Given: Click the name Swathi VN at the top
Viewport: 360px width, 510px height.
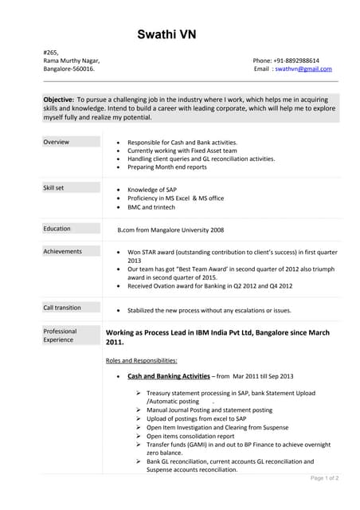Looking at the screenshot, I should point(166,34).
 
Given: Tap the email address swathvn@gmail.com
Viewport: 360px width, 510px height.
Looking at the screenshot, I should point(303,69).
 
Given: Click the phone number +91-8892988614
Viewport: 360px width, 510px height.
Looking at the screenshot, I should point(297,61).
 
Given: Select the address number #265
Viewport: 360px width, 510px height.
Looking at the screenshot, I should point(51,52).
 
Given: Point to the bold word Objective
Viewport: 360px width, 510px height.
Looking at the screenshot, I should point(58,98).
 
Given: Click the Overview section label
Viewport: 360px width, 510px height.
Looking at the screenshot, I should point(56,142).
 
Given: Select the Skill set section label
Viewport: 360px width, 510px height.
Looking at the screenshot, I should point(55,188).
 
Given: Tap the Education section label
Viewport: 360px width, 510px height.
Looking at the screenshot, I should point(57,229).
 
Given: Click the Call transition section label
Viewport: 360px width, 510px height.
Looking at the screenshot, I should point(62,308).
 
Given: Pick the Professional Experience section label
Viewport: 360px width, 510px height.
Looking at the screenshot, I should point(61,335).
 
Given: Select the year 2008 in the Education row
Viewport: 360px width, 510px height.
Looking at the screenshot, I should point(217,229).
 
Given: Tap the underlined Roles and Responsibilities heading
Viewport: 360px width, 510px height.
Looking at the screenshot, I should point(141,361).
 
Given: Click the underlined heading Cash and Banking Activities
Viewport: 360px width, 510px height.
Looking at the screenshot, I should point(168,376).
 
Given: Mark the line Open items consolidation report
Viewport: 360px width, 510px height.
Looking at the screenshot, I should point(190,436).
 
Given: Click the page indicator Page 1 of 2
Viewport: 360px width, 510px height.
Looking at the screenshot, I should point(324,478).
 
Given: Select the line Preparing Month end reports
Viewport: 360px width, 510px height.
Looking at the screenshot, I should point(166,167).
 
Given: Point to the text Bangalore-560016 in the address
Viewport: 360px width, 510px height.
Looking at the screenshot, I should point(68,69).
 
